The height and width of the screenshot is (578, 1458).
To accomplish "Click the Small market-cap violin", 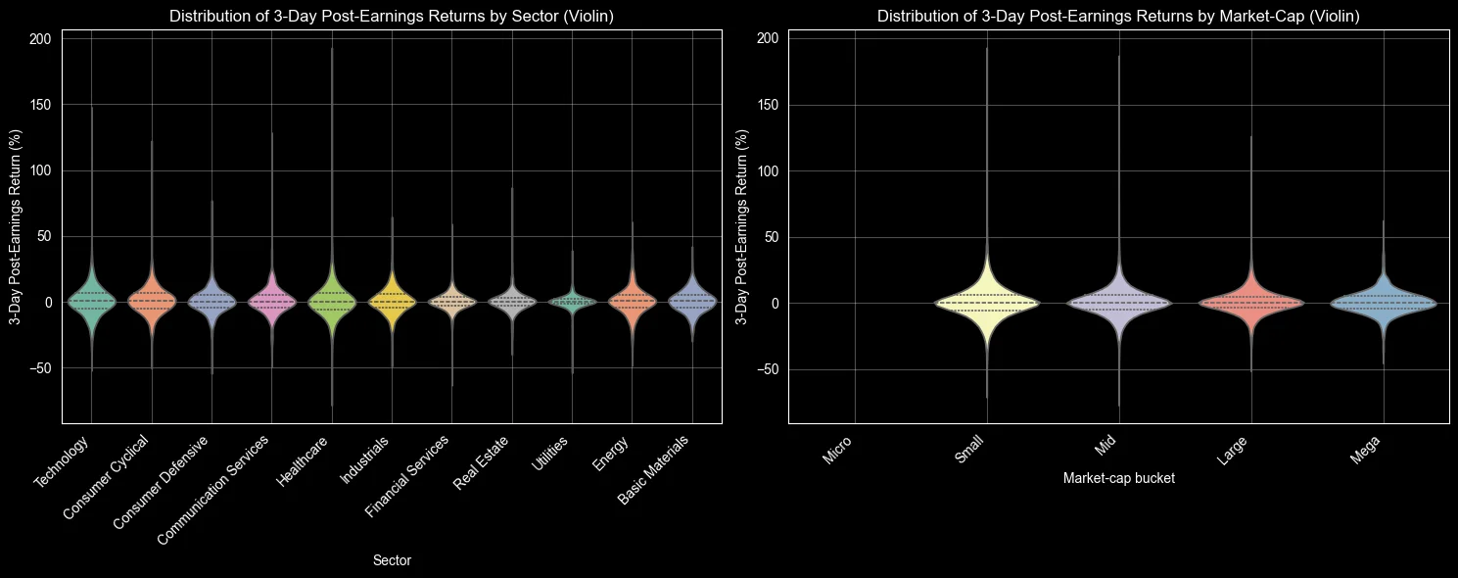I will click(x=987, y=303).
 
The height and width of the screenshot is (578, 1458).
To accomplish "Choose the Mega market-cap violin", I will click(x=1383, y=303).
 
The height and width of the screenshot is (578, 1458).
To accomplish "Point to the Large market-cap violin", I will click(x=1251, y=303).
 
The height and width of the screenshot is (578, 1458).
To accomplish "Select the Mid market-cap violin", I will click(x=1119, y=303).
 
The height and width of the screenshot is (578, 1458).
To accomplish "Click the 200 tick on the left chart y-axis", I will click(x=39, y=38).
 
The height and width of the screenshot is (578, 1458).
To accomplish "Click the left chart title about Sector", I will click(x=392, y=16).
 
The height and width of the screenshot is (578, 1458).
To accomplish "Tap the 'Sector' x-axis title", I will click(x=392, y=560).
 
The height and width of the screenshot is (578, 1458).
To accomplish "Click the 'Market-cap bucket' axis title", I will click(x=1118, y=479).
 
